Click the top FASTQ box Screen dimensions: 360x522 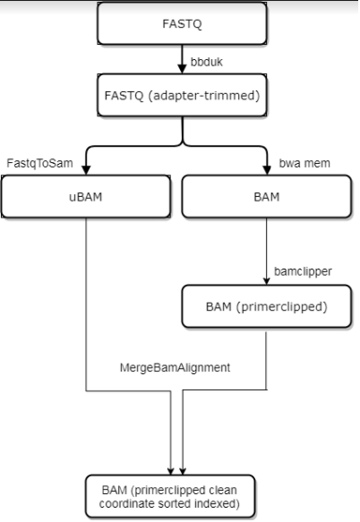click(182, 23)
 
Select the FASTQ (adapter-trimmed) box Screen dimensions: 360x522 click(182, 95)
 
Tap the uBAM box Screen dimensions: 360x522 click(86, 196)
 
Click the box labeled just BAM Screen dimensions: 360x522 click(267, 196)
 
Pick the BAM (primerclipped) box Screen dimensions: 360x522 click(267, 306)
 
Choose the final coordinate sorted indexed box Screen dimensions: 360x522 click(170, 496)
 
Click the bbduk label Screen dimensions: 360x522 click(207, 62)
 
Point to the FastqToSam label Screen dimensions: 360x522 click(39, 163)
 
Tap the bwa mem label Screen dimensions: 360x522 click(304, 163)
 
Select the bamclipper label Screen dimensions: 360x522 click(303, 271)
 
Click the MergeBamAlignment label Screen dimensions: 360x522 click(175, 367)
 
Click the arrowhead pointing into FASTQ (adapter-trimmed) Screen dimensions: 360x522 click(182, 69)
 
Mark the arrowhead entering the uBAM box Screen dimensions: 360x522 click(86, 170)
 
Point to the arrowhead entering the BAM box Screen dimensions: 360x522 click(267, 170)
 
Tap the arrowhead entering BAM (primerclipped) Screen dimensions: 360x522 click(267, 281)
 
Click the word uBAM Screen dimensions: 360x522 click(86, 197)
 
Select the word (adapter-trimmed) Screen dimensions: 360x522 click(204, 96)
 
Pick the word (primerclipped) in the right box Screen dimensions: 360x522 click(282, 306)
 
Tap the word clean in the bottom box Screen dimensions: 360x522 click(223, 490)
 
